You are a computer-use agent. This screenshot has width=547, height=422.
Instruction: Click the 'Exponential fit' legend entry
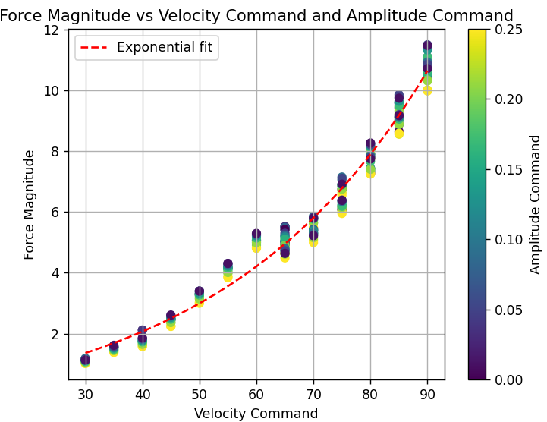pyautogui.click(x=165, y=48)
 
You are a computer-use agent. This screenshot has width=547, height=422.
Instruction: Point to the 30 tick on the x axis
pyautogui.click(x=85, y=395)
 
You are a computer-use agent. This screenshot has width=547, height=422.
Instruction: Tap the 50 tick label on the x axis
pyautogui.click(x=200, y=395)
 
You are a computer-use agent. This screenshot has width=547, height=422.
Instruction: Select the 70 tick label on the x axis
pyautogui.click(x=313, y=395)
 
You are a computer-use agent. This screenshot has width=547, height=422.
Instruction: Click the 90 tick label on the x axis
pyautogui.click(x=427, y=395)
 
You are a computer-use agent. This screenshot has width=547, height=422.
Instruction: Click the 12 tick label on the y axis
pyautogui.click(x=52, y=30)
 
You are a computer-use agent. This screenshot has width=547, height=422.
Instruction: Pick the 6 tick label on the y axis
pyautogui.click(x=55, y=213)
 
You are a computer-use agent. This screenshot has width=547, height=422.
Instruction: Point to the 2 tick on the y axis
pyautogui.click(x=55, y=334)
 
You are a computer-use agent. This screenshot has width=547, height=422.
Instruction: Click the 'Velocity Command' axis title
pyautogui.click(x=256, y=414)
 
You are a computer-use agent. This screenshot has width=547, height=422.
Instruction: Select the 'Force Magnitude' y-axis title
pyautogui.click(x=30, y=204)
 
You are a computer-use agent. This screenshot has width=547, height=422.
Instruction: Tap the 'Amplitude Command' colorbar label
pyautogui.click(x=536, y=204)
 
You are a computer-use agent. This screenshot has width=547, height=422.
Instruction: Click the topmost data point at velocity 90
pyautogui.click(x=427, y=46)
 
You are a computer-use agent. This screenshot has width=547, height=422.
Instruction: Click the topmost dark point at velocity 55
pyautogui.click(x=228, y=264)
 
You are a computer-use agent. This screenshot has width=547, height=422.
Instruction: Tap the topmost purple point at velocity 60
pyautogui.click(x=256, y=235)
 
